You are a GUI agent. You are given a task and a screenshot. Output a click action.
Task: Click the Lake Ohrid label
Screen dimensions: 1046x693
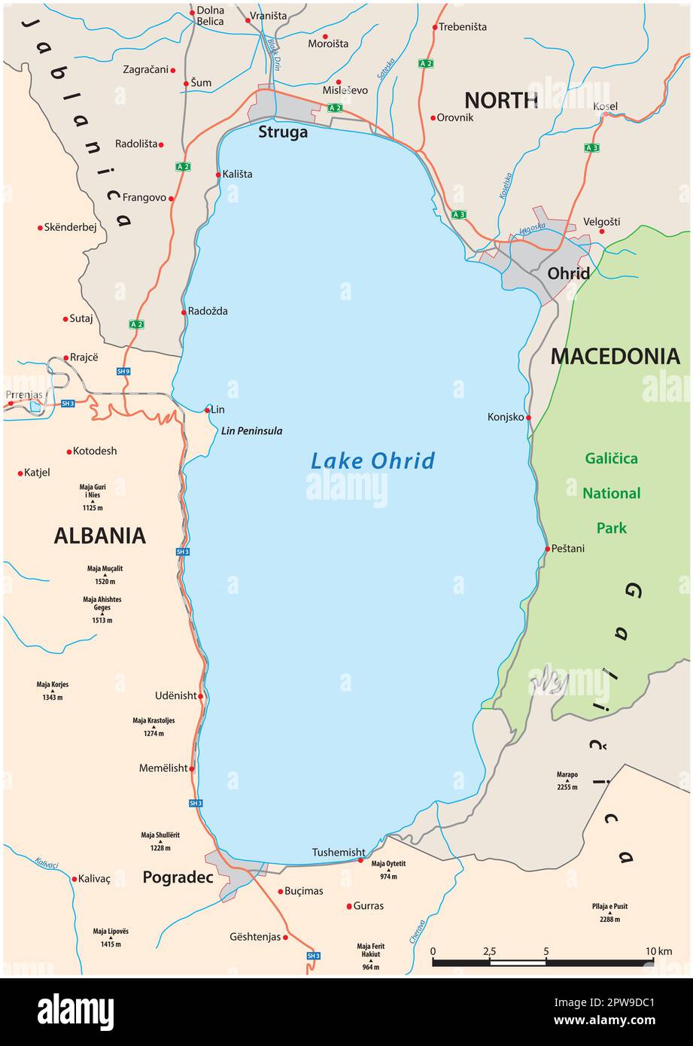point(372,461)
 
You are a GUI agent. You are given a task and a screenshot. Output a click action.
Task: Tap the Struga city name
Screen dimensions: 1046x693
point(283,132)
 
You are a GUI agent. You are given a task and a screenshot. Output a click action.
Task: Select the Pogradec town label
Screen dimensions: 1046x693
point(178,877)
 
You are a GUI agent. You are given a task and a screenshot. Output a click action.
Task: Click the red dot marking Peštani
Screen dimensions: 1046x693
point(548,549)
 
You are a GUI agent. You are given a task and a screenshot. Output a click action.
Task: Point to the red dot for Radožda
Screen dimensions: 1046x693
point(184,312)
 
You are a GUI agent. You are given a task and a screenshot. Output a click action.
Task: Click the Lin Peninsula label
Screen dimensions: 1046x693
point(252,431)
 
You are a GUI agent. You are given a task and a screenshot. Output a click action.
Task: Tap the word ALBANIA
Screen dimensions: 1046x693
point(99,536)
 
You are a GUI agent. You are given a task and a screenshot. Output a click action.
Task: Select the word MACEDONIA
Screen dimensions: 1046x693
point(615,357)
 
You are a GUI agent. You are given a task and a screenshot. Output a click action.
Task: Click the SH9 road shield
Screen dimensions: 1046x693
point(123,371)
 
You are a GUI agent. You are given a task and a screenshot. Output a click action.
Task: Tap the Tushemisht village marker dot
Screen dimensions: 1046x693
point(360,860)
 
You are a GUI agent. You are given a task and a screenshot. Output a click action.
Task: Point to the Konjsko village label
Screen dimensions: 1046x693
point(505,417)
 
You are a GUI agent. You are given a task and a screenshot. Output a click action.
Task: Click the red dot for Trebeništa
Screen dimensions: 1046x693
point(435,27)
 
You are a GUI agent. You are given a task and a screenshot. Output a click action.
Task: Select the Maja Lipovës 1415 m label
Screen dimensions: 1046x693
point(111,937)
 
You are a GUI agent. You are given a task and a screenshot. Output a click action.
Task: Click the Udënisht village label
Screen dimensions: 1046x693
point(175,696)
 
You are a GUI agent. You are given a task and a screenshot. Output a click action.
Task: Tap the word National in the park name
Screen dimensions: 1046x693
point(611,494)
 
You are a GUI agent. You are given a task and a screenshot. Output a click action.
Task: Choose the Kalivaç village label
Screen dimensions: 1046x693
point(94,879)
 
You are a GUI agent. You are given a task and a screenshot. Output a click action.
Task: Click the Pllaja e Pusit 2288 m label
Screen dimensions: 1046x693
point(609,912)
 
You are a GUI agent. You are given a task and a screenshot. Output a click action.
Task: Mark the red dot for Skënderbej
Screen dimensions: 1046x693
point(40,227)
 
